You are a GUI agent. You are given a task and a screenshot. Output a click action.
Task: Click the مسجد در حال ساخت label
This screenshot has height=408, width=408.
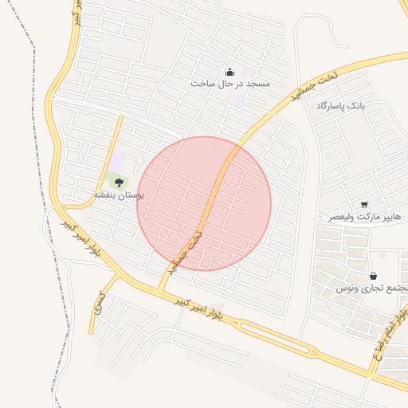(230, 83)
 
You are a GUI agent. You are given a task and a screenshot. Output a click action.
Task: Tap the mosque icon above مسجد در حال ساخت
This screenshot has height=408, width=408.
(230, 71)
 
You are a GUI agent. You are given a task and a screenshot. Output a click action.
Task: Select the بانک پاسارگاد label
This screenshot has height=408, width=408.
(343, 106)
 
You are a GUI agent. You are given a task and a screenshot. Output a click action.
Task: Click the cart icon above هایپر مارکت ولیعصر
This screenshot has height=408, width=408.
(364, 205)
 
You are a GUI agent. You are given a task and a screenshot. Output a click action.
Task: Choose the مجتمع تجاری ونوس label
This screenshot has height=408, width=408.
(372, 287)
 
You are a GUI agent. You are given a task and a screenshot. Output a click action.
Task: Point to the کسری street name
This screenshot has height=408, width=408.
(98, 300)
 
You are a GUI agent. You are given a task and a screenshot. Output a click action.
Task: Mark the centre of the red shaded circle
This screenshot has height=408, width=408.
(204, 203)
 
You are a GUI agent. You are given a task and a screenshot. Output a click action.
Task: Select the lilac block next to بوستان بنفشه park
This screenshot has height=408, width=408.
(117, 163)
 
